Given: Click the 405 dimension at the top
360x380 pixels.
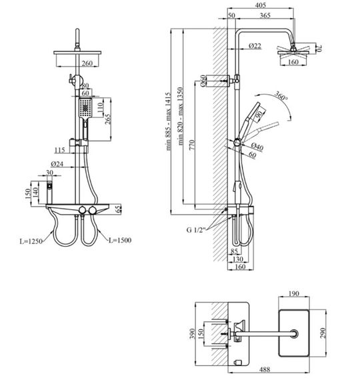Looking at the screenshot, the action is click(261, 5).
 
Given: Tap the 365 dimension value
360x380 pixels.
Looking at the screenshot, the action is click(265, 15).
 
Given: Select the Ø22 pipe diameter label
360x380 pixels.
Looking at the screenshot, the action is click(255, 45).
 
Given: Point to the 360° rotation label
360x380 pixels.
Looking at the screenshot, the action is click(281, 96).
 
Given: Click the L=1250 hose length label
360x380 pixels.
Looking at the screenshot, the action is click(31, 241).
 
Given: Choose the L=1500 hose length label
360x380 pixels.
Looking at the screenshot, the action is click(120, 240).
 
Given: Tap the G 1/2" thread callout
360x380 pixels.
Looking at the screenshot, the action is click(196, 229).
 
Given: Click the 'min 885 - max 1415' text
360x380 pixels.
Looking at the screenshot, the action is click(169, 121).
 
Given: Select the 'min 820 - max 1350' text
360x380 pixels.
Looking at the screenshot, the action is click(181, 116).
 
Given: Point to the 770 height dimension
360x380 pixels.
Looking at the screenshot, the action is click(192, 145).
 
